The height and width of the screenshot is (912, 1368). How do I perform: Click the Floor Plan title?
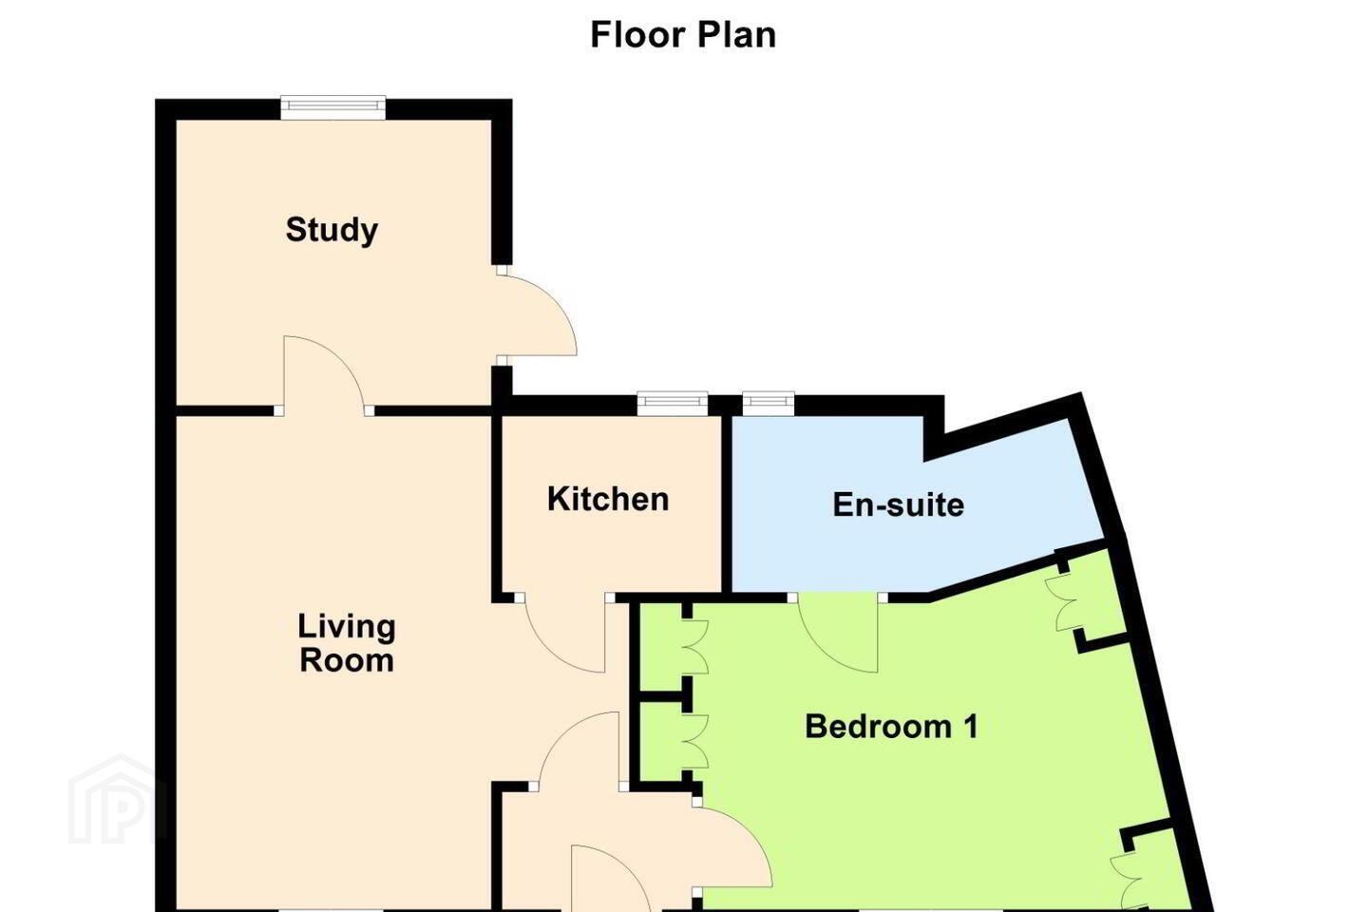point(683,35)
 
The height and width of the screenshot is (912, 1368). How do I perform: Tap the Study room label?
point(332,230)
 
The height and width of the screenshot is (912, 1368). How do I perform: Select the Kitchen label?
point(608,499)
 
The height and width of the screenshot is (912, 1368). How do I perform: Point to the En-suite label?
point(899,505)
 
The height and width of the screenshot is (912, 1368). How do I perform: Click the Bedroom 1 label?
point(892,727)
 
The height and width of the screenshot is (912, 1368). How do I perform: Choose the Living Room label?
point(346,643)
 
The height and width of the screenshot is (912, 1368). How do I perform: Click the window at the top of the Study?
point(332,108)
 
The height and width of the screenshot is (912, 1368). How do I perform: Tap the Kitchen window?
point(673,403)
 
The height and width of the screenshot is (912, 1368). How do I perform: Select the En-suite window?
point(769,403)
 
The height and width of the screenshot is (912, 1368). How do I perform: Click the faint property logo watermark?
point(117,801)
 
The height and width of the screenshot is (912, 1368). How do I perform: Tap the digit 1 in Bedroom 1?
point(971,727)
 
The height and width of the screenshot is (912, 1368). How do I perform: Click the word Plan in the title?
point(736,35)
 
